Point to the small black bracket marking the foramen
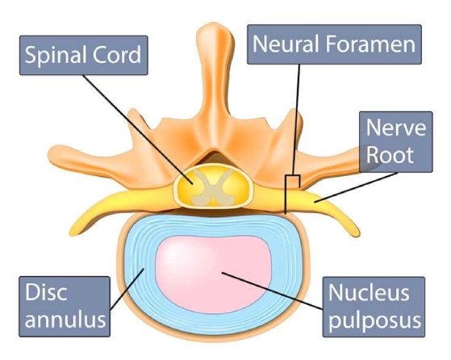pyautogui.click(x=294, y=181)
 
